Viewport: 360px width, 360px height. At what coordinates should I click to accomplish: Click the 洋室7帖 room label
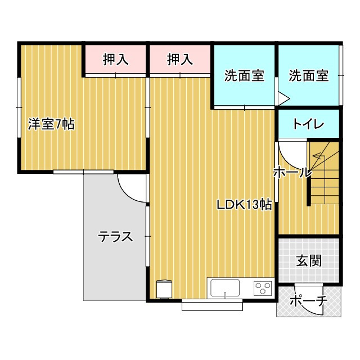[x=51, y=124]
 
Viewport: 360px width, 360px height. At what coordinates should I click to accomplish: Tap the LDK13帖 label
[x=245, y=205]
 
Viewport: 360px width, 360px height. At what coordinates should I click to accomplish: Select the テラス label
[x=116, y=237]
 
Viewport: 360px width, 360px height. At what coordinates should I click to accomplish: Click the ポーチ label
[x=308, y=301]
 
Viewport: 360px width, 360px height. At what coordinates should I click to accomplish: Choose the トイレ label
[x=308, y=124]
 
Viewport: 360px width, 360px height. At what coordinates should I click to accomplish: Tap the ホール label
[x=292, y=173]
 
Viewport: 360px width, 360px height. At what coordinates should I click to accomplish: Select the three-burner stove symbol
[x=262, y=288]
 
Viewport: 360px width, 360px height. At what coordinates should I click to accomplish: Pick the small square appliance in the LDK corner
[x=164, y=289]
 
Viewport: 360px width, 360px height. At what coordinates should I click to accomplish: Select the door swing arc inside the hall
[x=291, y=152]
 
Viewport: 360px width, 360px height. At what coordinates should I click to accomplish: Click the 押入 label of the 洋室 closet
[x=116, y=58]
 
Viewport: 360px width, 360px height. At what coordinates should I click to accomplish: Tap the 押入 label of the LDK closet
[x=181, y=58]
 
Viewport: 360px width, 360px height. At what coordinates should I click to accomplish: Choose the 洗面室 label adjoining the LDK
[x=244, y=76]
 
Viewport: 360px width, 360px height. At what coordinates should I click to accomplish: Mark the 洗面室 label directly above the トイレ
[x=308, y=76]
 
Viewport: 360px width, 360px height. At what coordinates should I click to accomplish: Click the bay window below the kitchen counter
[x=213, y=305]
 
